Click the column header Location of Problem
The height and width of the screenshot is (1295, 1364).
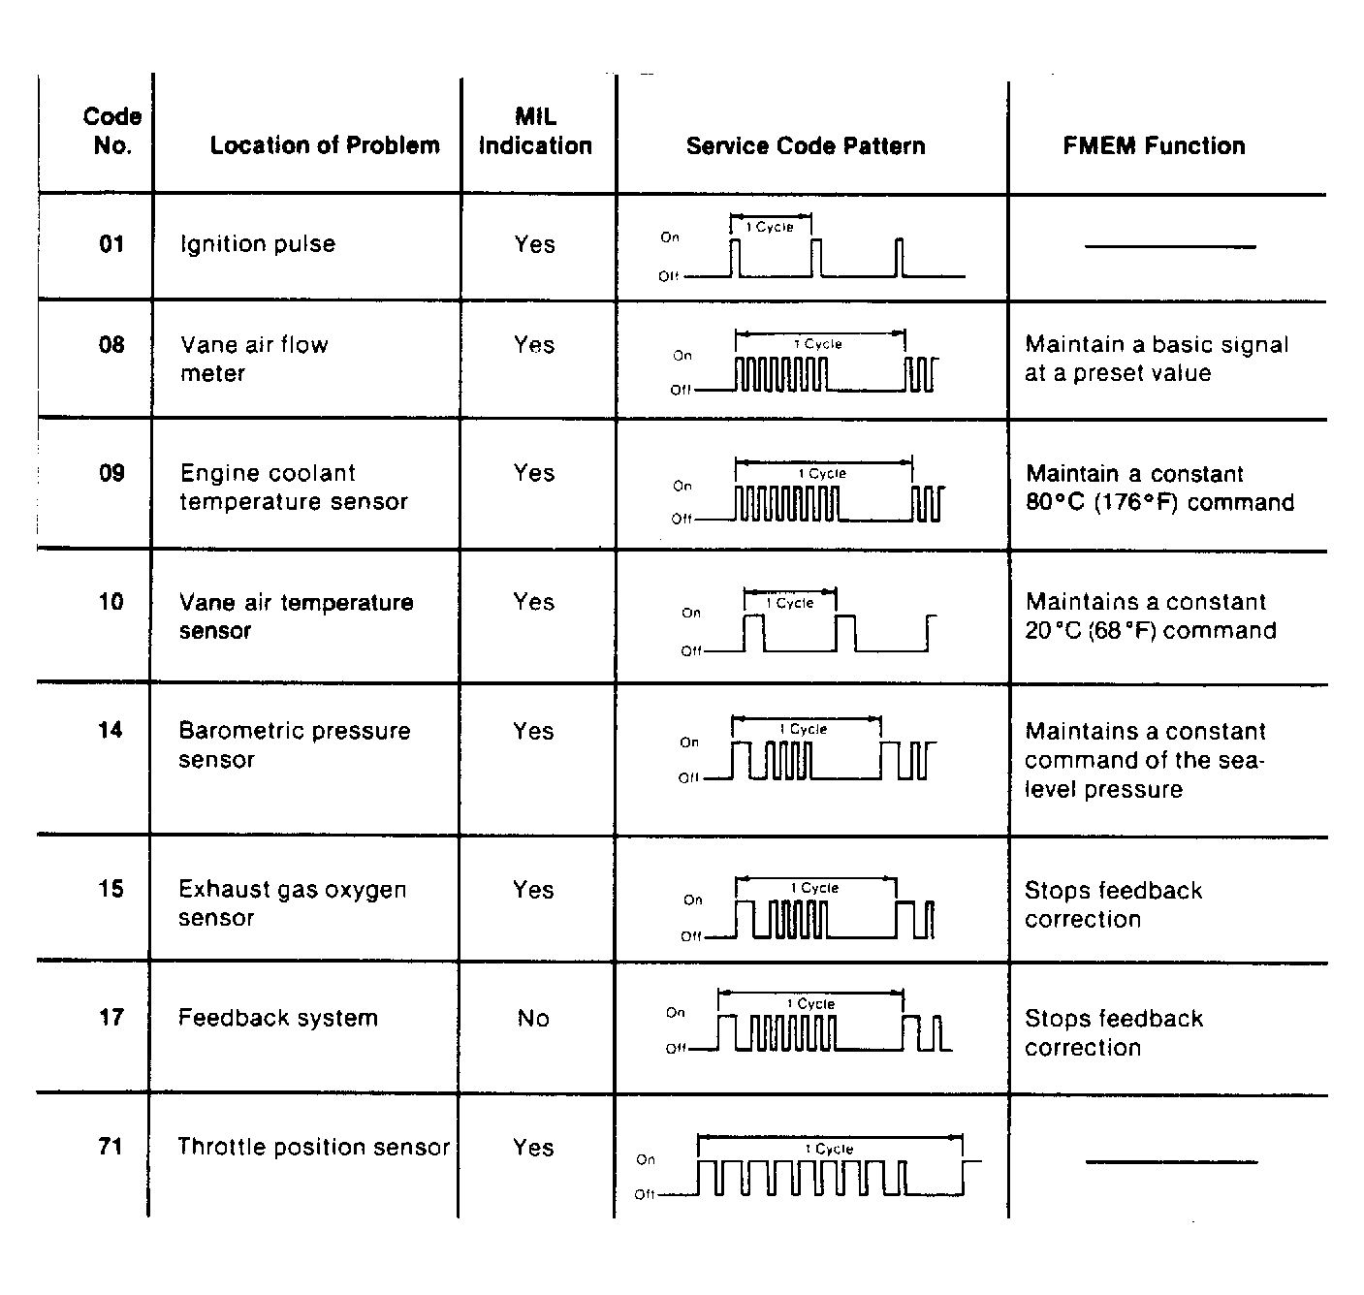[x=324, y=145]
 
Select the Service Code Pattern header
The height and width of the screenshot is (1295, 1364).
[x=805, y=145]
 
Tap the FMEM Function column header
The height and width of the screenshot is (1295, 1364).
[x=1154, y=145]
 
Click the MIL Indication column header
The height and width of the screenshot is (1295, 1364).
[x=535, y=132]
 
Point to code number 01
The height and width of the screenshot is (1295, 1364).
[x=111, y=244]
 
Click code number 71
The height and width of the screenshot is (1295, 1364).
[x=111, y=1147]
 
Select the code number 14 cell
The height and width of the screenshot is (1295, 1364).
[x=111, y=730]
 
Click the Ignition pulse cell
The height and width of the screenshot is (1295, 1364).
[x=258, y=244]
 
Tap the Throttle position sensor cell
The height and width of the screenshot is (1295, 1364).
[x=313, y=1148]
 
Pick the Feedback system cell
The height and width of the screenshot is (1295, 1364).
[x=277, y=1018]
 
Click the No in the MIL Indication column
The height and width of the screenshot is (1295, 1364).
[x=533, y=1018]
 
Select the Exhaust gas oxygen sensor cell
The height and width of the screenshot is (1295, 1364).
[x=292, y=903]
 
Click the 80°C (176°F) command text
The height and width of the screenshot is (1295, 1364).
[x=1159, y=503]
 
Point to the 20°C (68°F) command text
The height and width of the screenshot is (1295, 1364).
[x=1150, y=631]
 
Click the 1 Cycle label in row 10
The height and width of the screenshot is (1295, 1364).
[x=790, y=603]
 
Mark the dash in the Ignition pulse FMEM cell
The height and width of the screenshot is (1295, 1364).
[x=1170, y=246]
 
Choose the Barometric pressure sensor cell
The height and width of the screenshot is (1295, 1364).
[x=294, y=744]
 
